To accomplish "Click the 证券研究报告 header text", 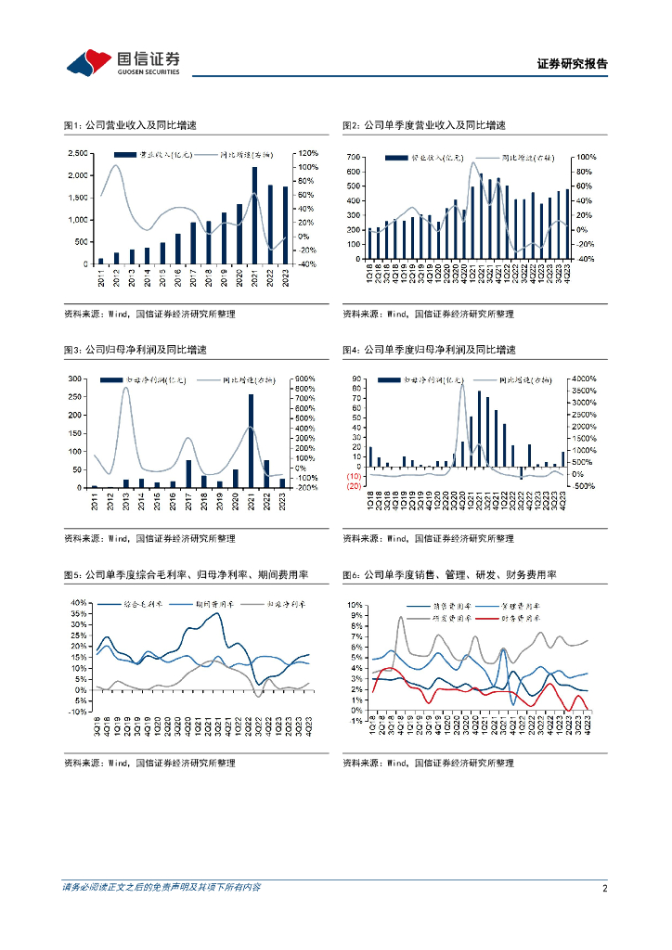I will (x=573, y=64).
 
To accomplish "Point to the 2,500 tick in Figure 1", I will (x=80, y=153).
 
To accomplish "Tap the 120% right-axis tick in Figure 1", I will (x=308, y=153).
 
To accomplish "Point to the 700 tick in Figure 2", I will (x=354, y=158).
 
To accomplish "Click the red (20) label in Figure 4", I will (x=354, y=486).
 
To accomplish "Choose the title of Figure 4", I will (x=429, y=350).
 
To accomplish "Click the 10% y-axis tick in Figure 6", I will (x=354, y=604).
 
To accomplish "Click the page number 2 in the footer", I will (x=604, y=888).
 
